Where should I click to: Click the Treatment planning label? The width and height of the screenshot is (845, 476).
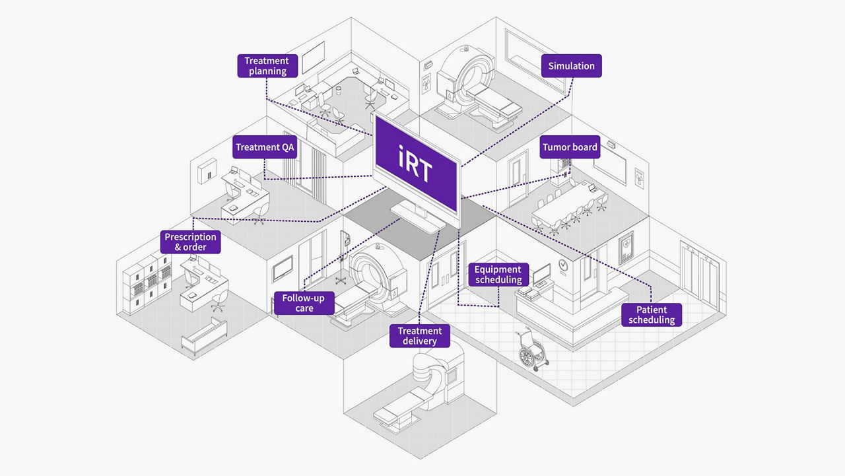pyautogui.click(x=267, y=66)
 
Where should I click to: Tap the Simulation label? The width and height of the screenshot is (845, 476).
pyautogui.click(x=571, y=66)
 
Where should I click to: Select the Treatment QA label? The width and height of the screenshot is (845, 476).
pyautogui.click(x=265, y=147)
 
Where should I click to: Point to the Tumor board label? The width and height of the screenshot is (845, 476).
pyautogui.click(x=570, y=147)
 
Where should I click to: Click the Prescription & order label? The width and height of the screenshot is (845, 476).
pyautogui.click(x=190, y=242)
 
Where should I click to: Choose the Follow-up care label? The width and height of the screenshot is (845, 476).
pyautogui.click(x=304, y=303)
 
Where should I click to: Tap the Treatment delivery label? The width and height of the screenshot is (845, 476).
pyautogui.click(x=420, y=335)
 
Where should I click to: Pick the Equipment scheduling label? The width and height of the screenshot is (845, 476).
pyautogui.click(x=498, y=275)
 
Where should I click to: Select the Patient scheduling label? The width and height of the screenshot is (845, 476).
pyautogui.click(x=652, y=315)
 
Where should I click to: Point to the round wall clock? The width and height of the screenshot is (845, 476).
pyautogui.click(x=562, y=265)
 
